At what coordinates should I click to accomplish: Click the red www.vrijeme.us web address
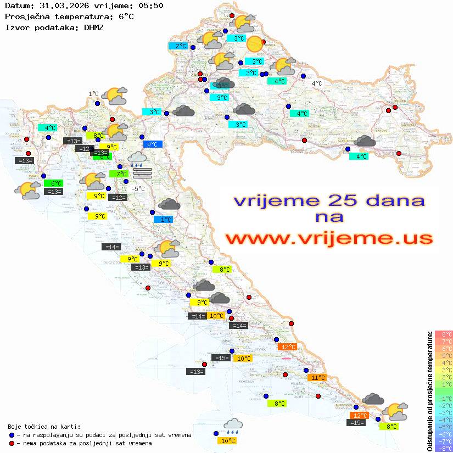click(x=329, y=238)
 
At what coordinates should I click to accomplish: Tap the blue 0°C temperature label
click(x=152, y=144)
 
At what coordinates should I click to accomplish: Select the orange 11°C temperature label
click(x=316, y=378)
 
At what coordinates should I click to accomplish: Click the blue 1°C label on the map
click(x=163, y=220)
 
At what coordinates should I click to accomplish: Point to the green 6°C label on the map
click(x=55, y=183)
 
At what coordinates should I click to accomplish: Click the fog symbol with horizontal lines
click(x=142, y=173)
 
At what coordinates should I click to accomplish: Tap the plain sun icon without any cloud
click(x=255, y=43)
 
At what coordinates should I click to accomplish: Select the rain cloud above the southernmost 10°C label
click(x=233, y=426)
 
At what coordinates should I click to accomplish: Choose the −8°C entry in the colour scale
click(x=444, y=448)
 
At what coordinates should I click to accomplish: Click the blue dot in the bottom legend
click(x=12, y=435)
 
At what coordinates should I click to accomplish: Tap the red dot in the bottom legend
click(x=12, y=443)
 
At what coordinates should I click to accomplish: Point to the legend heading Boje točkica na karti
click(x=44, y=427)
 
